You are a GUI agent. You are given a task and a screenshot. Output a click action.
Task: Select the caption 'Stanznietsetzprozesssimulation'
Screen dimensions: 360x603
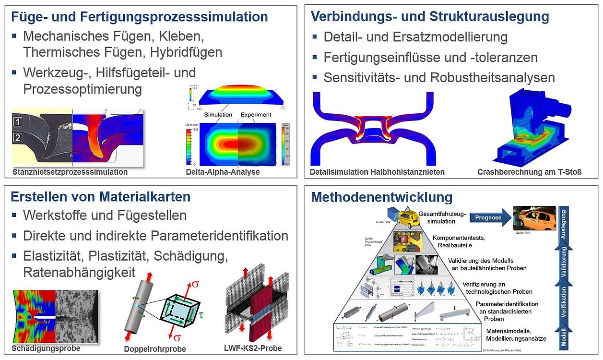tap(70, 172)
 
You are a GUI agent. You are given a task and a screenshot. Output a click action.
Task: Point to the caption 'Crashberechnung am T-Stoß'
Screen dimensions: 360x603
tap(530, 172)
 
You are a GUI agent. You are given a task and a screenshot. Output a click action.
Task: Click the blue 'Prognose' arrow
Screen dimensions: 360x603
tap(488, 217)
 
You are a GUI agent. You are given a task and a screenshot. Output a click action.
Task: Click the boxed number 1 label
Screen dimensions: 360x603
tap(18, 122)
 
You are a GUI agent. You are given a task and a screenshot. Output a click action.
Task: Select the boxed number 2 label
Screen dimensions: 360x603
tap(18, 138)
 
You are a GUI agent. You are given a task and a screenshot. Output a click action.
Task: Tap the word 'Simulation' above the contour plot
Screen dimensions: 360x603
tap(218, 115)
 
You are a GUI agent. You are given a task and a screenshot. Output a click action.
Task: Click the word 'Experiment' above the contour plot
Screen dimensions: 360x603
tap(256, 115)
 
